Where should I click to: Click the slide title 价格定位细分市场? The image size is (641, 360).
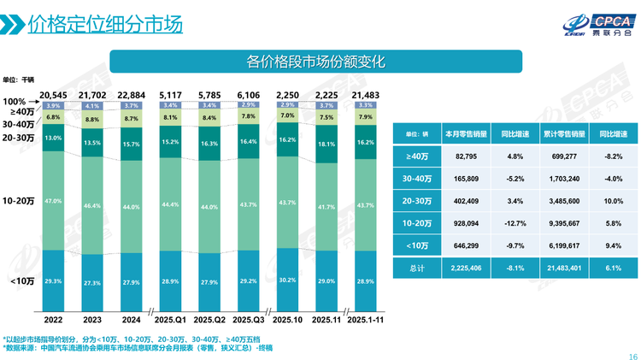(105, 25)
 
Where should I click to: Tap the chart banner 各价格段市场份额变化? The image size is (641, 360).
(316, 62)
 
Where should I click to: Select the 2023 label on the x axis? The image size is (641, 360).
(91, 320)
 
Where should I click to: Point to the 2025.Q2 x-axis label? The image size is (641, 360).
(209, 320)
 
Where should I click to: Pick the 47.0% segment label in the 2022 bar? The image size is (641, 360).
(53, 200)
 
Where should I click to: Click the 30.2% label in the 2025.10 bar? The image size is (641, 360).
(287, 279)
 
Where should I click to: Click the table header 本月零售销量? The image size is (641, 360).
(467, 134)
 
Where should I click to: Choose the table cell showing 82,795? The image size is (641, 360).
(467, 156)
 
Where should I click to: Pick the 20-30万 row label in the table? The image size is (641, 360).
(416, 201)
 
